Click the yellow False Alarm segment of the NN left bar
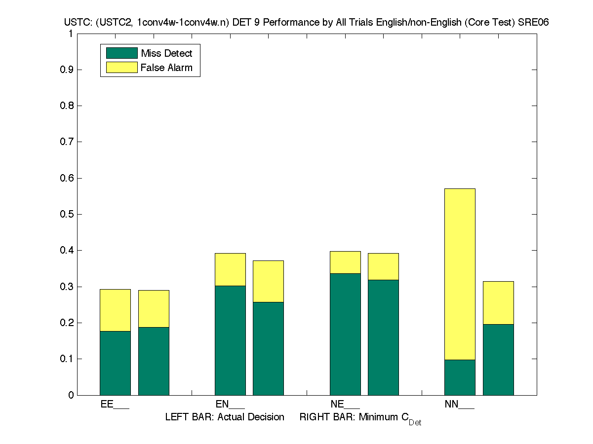point(460,274)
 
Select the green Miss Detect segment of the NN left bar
point(460,377)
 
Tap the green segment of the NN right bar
point(498,359)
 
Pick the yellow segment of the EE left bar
point(115,310)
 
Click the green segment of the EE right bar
point(154,361)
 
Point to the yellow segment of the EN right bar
point(268,281)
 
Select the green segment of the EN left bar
point(230,340)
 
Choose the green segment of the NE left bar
point(345,334)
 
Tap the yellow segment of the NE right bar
point(383,266)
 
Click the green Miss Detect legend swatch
point(121,53)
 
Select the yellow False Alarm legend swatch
point(121,68)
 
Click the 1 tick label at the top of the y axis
point(71,34)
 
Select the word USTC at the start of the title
point(76,23)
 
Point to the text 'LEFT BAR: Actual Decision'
point(225,417)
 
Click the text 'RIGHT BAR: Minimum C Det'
point(360,418)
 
